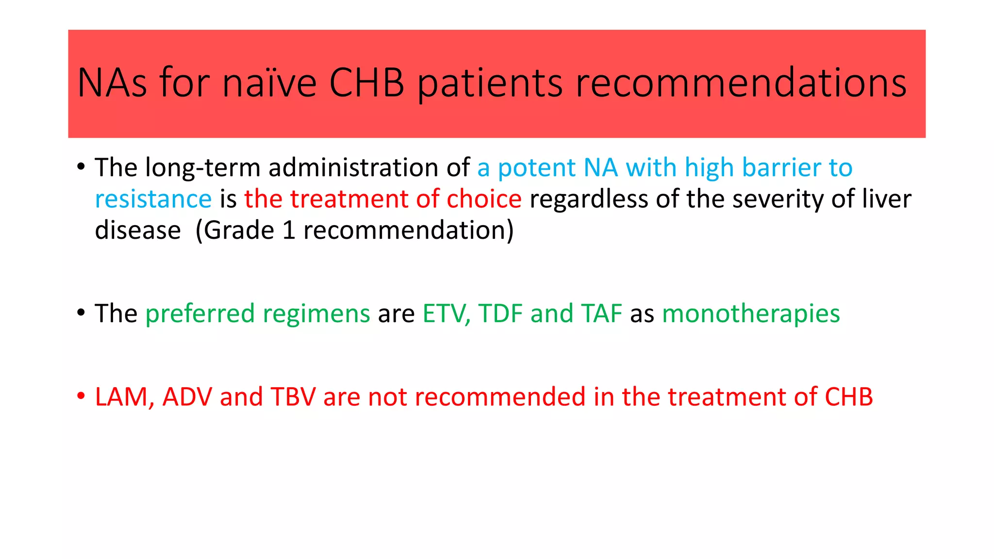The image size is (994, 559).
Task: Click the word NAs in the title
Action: pos(112,83)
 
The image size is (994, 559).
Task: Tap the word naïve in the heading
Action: pos(269,83)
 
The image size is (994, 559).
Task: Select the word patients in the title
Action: pos(490,83)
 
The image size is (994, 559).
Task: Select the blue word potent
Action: pos(537,168)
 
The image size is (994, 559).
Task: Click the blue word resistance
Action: pos(153,199)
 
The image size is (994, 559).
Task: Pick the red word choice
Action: pos(484,199)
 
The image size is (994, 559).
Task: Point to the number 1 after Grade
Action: pos(289,230)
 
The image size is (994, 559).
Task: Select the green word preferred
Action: pos(199,313)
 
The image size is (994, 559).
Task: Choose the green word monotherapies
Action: pos(751,313)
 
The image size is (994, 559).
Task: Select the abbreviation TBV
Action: pos(293,397)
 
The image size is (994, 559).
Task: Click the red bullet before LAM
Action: pos(81,396)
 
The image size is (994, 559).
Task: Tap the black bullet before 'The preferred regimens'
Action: pos(81,312)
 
